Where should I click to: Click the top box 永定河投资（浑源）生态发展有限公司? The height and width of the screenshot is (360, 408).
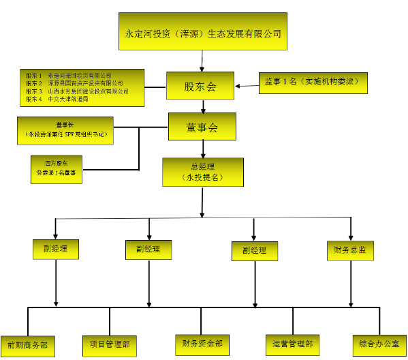202,31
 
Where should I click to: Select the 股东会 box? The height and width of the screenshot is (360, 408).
200,86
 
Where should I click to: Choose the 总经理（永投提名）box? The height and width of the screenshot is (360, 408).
202,172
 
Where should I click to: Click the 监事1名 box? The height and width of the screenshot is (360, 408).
313,82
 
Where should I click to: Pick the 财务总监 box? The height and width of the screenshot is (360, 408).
351,250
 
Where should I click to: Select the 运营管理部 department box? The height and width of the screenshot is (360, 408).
292,344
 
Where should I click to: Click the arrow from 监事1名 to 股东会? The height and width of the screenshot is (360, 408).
246,85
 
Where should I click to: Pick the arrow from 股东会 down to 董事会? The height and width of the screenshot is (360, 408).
202,105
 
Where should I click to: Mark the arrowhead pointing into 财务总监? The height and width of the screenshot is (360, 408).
351,236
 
